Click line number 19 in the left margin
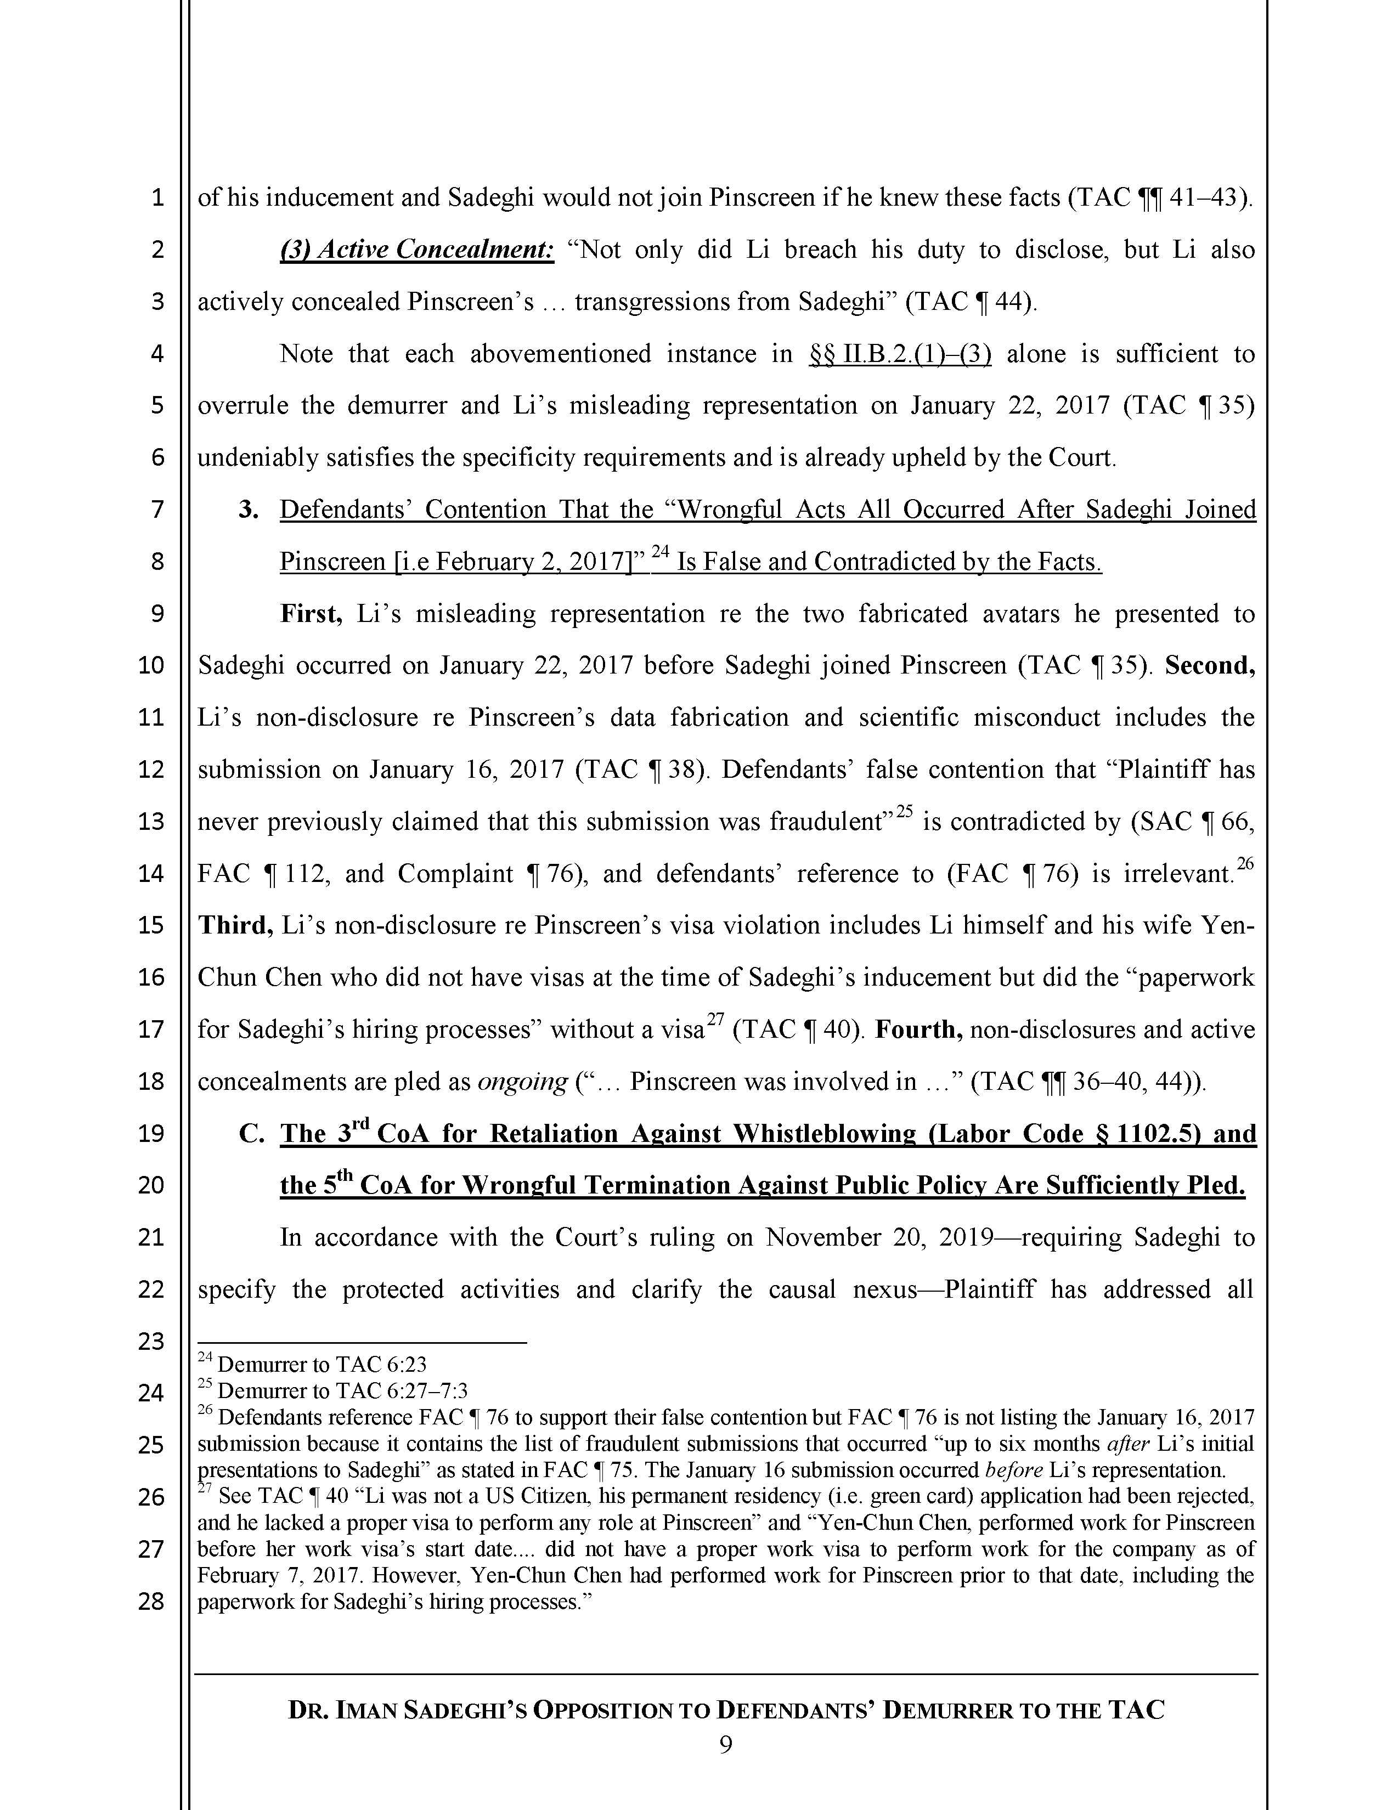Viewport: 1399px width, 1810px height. click(x=151, y=1133)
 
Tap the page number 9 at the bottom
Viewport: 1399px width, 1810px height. click(x=725, y=1746)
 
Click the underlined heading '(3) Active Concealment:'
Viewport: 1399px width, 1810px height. click(x=417, y=250)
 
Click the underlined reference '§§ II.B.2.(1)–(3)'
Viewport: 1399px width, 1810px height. click(x=899, y=354)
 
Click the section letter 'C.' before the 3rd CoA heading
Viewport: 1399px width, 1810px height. click(x=251, y=1133)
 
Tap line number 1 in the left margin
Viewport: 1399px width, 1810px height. click(x=157, y=198)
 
